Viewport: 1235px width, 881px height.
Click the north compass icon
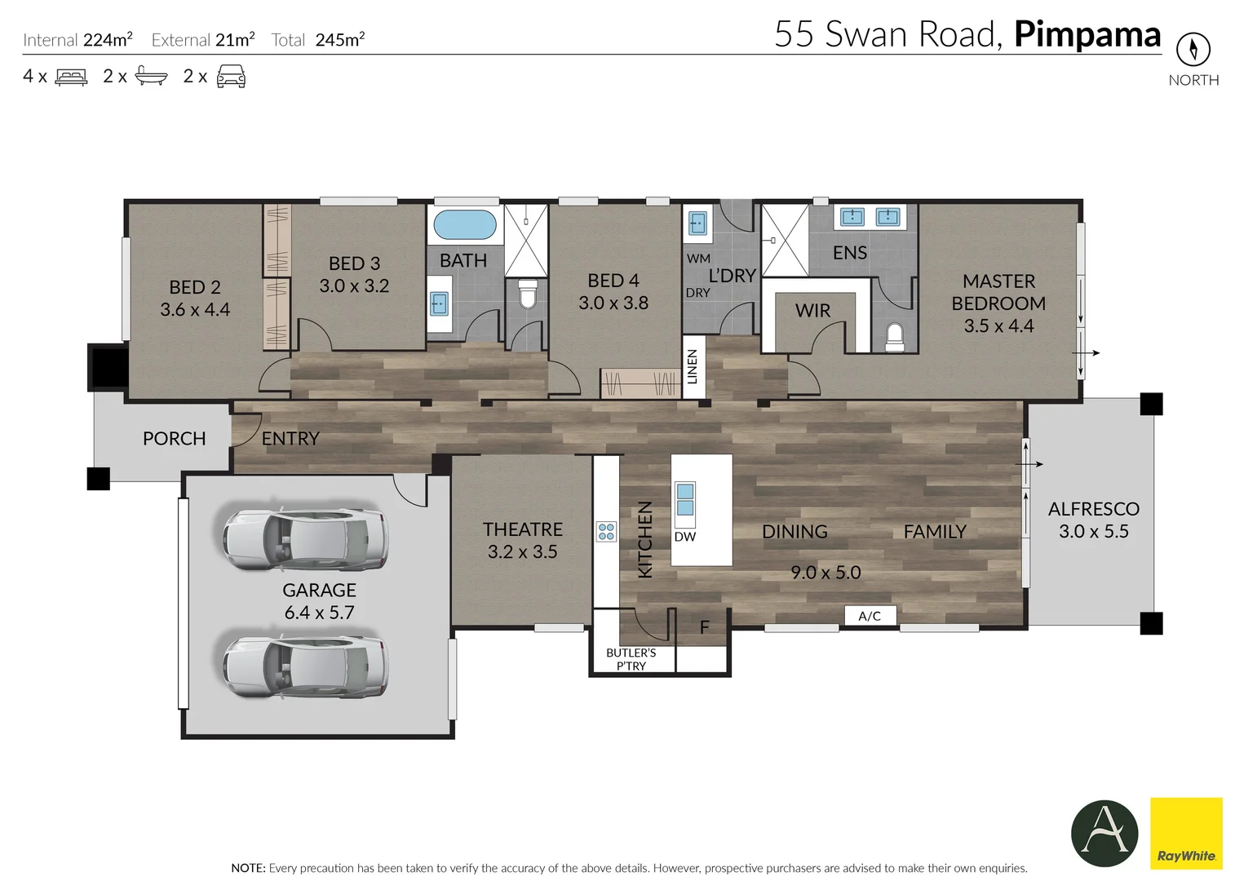pyautogui.click(x=1193, y=50)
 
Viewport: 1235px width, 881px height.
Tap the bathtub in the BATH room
pyautogui.click(x=464, y=224)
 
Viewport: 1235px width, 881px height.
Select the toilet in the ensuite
pyautogui.click(x=895, y=336)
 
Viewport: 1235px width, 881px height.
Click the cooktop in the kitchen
pyautogui.click(x=606, y=532)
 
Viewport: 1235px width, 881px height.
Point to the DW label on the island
pyautogui.click(x=685, y=537)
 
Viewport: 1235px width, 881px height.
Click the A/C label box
pyautogui.click(x=870, y=616)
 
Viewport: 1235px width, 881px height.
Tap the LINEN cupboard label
pyautogui.click(x=693, y=367)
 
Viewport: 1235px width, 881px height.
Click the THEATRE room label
pyautogui.click(x=522, y=529)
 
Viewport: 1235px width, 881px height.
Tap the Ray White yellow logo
pyautogui.click(x=1186, y=833)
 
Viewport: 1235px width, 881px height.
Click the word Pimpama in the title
pyautogui.click(x=1087, y=34)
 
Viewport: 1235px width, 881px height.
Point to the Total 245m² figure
pyautogui.click(x=318, y=40)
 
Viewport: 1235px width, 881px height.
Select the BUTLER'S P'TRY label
pyautogui.click(x=631, y=659)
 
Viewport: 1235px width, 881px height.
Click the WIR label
pyautogui.click(x=812, y=311)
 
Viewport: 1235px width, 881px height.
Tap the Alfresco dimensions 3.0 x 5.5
pyautogui.click(x=1093, y=532)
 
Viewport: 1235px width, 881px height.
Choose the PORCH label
pyautogui.click(x=174, y=439)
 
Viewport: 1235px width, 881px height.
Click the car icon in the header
pyautogui.click(x=231, y=77)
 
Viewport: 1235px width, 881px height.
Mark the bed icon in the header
pyautogui.click(x=71, y=77)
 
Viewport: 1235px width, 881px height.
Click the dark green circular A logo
pyautogui.click(x=1104, y=833)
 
